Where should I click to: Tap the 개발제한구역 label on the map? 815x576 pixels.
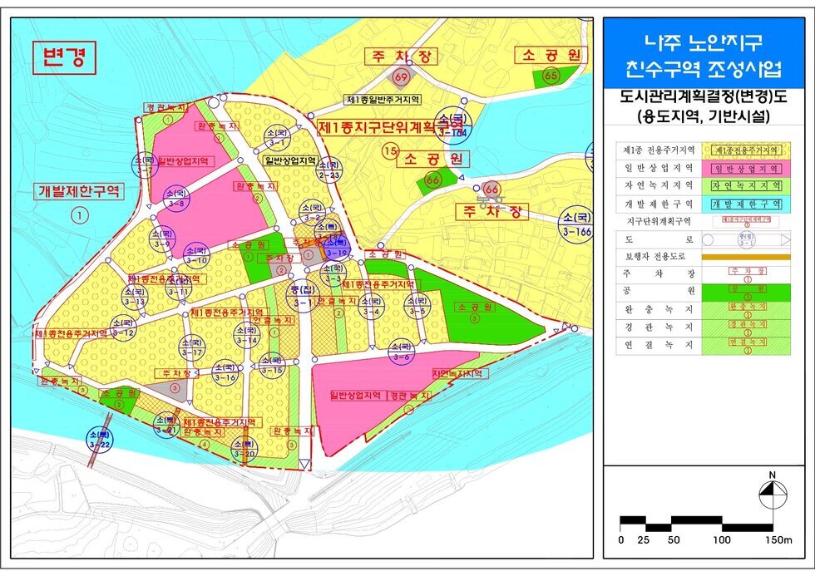[79, 191]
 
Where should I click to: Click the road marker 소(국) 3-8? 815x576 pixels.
[175, 198]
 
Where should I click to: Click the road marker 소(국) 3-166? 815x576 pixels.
[575, 222]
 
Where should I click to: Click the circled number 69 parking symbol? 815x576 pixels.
[402, 77]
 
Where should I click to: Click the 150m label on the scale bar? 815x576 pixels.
[779, 539]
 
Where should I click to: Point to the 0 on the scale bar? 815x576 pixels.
[621, 539]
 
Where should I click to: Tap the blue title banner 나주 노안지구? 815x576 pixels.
[704, 53]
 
